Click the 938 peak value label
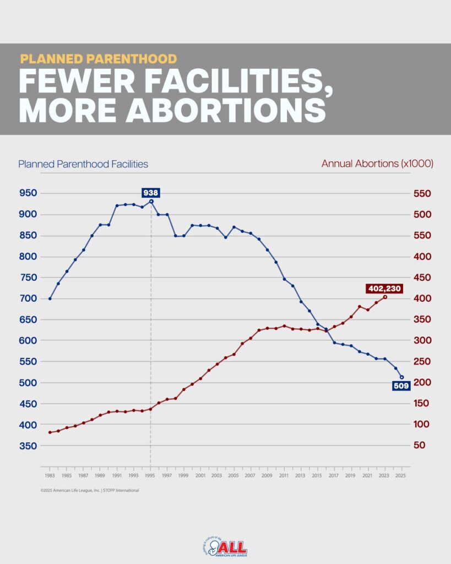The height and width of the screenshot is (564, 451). pos(150,193)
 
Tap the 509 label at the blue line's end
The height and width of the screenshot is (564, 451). pos(400,386)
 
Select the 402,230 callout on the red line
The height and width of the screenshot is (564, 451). pos(384,288)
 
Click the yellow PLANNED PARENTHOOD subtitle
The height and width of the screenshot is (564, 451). pos(99,58)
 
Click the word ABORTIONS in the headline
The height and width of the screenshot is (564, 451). pos(226,110)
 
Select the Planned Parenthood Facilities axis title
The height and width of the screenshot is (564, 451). pos(83,164)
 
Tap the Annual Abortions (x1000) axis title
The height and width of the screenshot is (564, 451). pos(377,164)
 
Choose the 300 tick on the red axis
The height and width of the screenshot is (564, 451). pos(421,340)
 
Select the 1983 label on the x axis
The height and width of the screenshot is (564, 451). pos(50,475)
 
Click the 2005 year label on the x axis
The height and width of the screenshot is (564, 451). pos(233,475)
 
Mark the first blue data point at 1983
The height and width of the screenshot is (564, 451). pos(50,299)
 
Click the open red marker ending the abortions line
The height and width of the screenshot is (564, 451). pos(385,297)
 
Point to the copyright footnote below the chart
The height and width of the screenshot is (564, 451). pos(89,490)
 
